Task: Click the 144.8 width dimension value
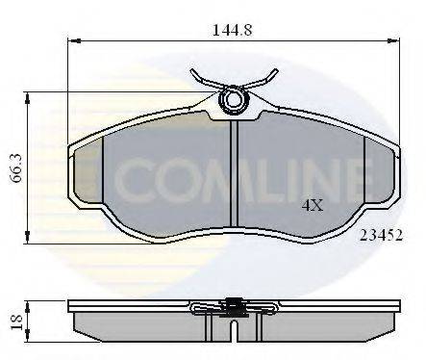pos(234,30)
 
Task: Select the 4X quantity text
pos(313,204)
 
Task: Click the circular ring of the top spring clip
pos(234,98)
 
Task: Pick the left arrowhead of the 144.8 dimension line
pos(74,41)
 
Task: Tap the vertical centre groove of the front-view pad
pos(234,183)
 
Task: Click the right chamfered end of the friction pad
pos(379,173)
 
